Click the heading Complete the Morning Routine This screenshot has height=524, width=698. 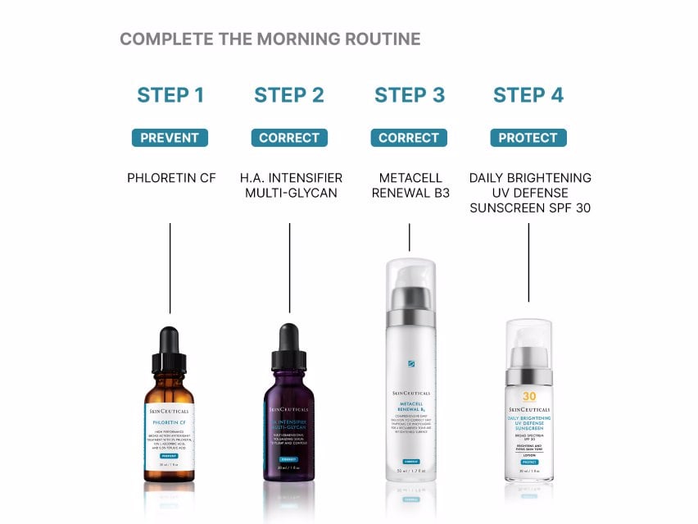click(x=270, y=39)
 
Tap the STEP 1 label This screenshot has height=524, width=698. click(x=170, y=95)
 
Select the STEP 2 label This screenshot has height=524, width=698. click(x=289, y=95)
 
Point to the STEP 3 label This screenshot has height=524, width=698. click(x=410, y=95)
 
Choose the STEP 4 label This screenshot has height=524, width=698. click(x=528, y=95)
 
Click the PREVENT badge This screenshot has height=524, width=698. click(x=170, y=138)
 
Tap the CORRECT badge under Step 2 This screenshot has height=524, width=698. click(x=289, y=138)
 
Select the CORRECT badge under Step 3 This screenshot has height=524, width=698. click(x=409, y=138)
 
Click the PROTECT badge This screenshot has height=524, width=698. click(x=528, y=138)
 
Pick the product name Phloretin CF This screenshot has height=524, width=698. click(x=171, y=178)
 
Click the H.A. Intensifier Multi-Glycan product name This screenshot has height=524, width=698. click(x=290, y=185)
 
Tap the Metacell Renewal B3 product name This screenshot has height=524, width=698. click(x=410, y=185)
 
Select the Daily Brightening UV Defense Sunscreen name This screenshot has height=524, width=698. click(x=529, y=193)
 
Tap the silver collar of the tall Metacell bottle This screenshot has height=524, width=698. click(x=410, y=317)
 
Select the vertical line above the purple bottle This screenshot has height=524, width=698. click(x=289, y=267)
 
